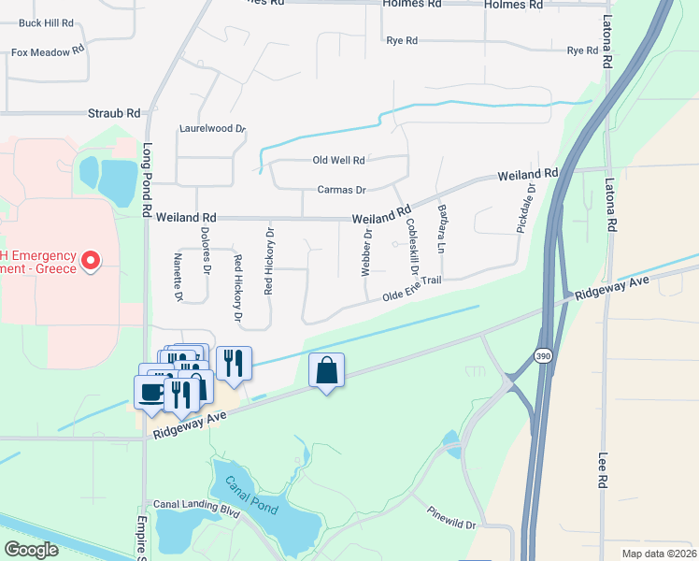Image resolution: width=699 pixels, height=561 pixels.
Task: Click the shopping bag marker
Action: coord(326,370)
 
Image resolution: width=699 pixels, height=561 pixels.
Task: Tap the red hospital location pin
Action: coord(91,260)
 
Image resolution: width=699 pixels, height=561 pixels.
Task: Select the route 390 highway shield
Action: coord(543,356)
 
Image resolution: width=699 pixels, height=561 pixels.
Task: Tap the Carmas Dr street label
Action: coord(341,190)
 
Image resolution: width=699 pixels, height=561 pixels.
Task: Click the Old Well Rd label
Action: coord(338,161)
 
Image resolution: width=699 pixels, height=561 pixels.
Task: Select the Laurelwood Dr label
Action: coord(211,129)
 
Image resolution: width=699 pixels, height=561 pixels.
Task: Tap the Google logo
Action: coord(32,549)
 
